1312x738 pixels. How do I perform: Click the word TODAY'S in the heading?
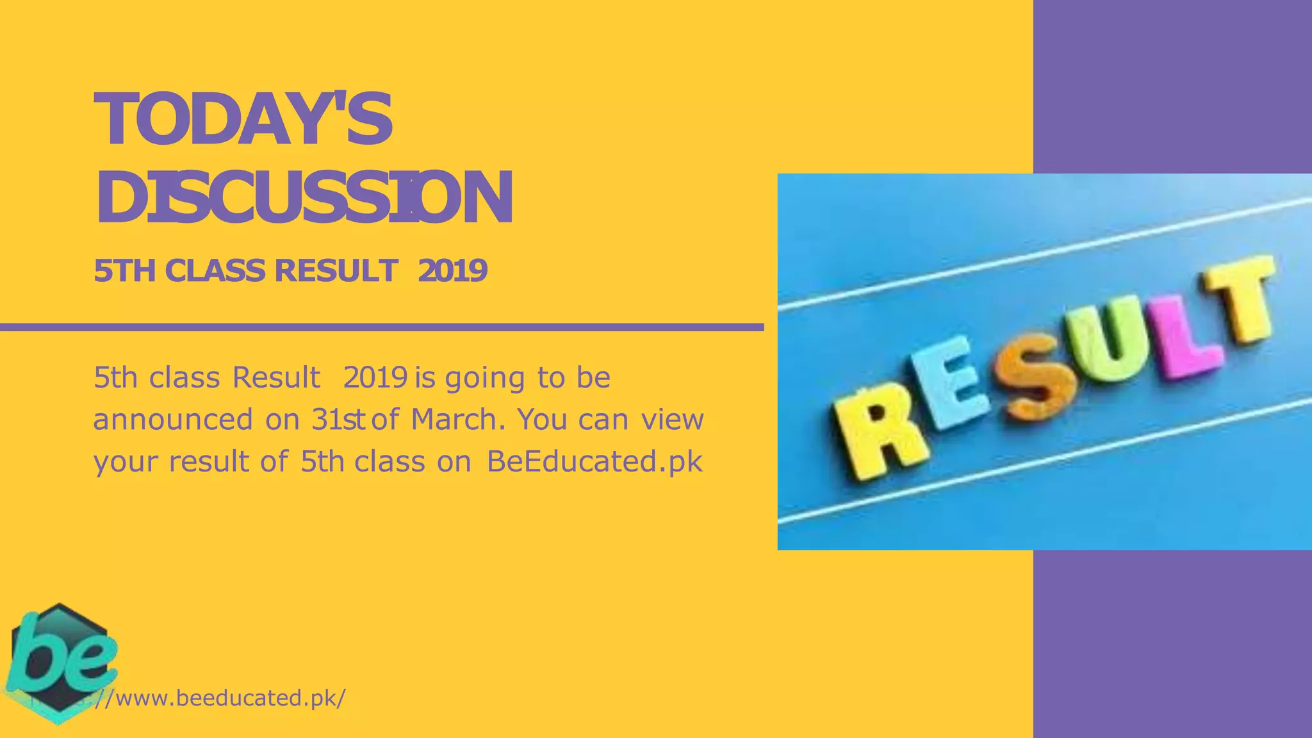click(243, 120)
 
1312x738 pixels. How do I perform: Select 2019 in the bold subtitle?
click(452, 271)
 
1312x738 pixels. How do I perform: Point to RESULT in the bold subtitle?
click(336, 271)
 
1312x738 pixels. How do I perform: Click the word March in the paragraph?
click(454, 420)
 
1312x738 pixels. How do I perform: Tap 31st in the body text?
click(338, 420)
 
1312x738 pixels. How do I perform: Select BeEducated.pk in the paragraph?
click(594, 461)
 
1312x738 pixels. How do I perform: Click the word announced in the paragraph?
click(173, 420)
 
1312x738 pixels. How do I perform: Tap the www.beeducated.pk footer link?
click(221, 698)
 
